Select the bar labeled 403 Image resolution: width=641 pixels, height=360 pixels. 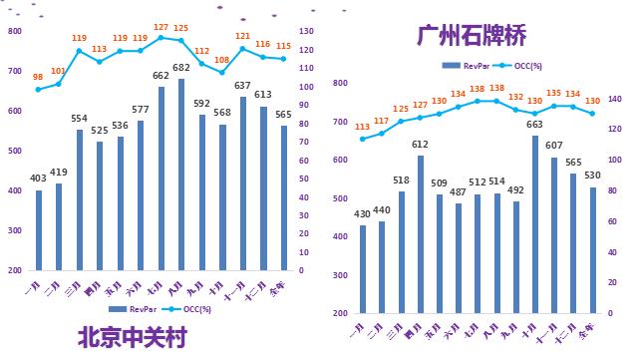39,230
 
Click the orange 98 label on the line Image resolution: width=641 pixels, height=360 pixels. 38,77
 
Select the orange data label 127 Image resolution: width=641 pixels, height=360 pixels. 160,27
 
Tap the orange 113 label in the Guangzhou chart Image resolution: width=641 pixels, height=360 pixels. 363,127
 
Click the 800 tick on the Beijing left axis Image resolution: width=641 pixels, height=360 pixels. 14,31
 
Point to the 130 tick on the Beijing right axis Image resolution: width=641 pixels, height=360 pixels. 309,31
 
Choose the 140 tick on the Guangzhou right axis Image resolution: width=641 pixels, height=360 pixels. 614,99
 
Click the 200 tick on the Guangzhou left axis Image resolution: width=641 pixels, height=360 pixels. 340,314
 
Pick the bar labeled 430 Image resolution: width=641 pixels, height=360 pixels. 363,269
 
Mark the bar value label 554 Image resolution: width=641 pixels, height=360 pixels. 80,119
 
